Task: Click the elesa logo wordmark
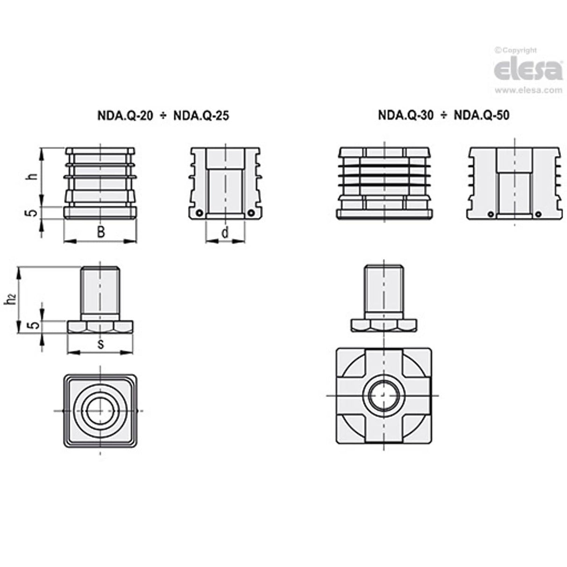(528, 70)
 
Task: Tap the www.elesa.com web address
(528, 90)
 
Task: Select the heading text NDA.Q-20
(125, 116)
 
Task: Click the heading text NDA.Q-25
(201, 116)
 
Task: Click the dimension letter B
(101, 232)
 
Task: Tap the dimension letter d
(225, 233)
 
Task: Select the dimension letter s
(100, 344)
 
